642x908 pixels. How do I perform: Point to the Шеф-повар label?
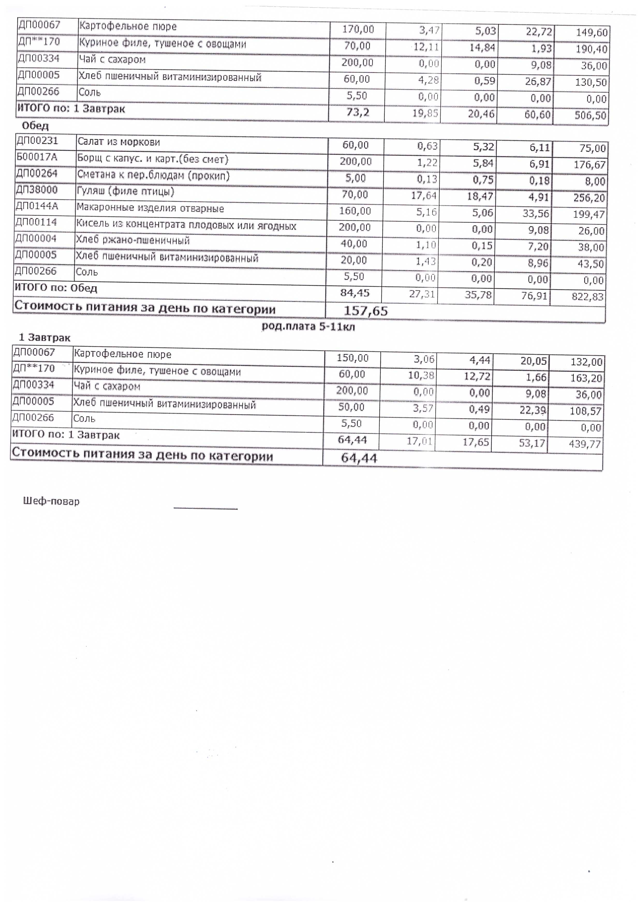pyautogui.click(x=51, y=502)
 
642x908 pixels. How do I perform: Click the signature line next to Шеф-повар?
pyautogui.click(x=205, y=509)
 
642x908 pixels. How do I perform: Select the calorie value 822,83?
pyautogui.click(x=588, y=297)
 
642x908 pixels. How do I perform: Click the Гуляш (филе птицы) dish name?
pyautogui.click(x=126, y=192)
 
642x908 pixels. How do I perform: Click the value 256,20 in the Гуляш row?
pyautogui.click(x=589, y=198)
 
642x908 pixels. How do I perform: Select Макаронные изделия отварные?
pyautogui.click(x=150, y=208)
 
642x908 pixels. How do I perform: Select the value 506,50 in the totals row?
pyautogui.click(x=590, y=116)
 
